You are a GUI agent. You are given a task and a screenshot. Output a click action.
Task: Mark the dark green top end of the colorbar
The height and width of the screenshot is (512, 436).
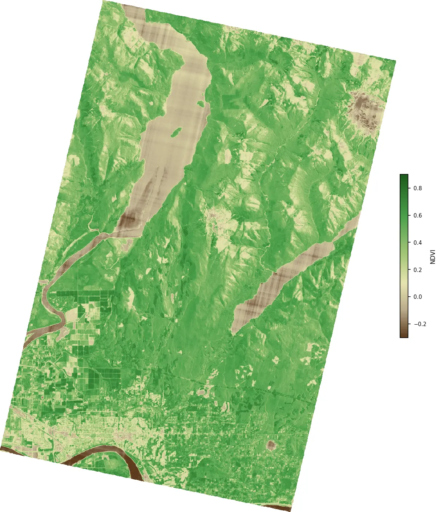click(x=404, y=176)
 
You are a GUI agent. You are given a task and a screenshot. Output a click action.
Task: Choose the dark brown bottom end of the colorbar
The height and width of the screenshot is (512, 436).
click(x=404, y=336)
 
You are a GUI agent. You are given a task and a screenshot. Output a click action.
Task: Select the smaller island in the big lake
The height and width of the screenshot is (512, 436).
click(x=200, y=103)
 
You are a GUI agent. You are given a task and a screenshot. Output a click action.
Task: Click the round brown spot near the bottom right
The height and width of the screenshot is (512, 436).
click(x=271, y=444)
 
